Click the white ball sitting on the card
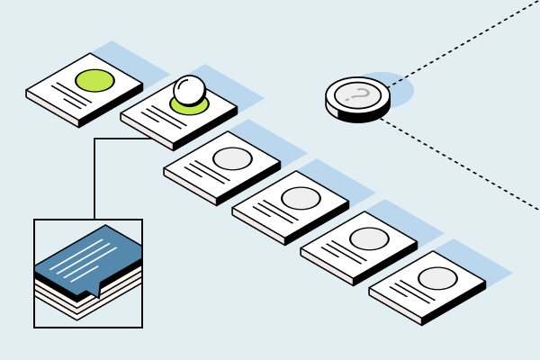(189, 89)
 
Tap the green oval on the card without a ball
(94, 80)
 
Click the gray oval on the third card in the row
(232, 158)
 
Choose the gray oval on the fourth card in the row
(301, 198)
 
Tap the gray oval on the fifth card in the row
(369, 238)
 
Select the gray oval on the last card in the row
(437, 278)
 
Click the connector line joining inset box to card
(94, 180)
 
